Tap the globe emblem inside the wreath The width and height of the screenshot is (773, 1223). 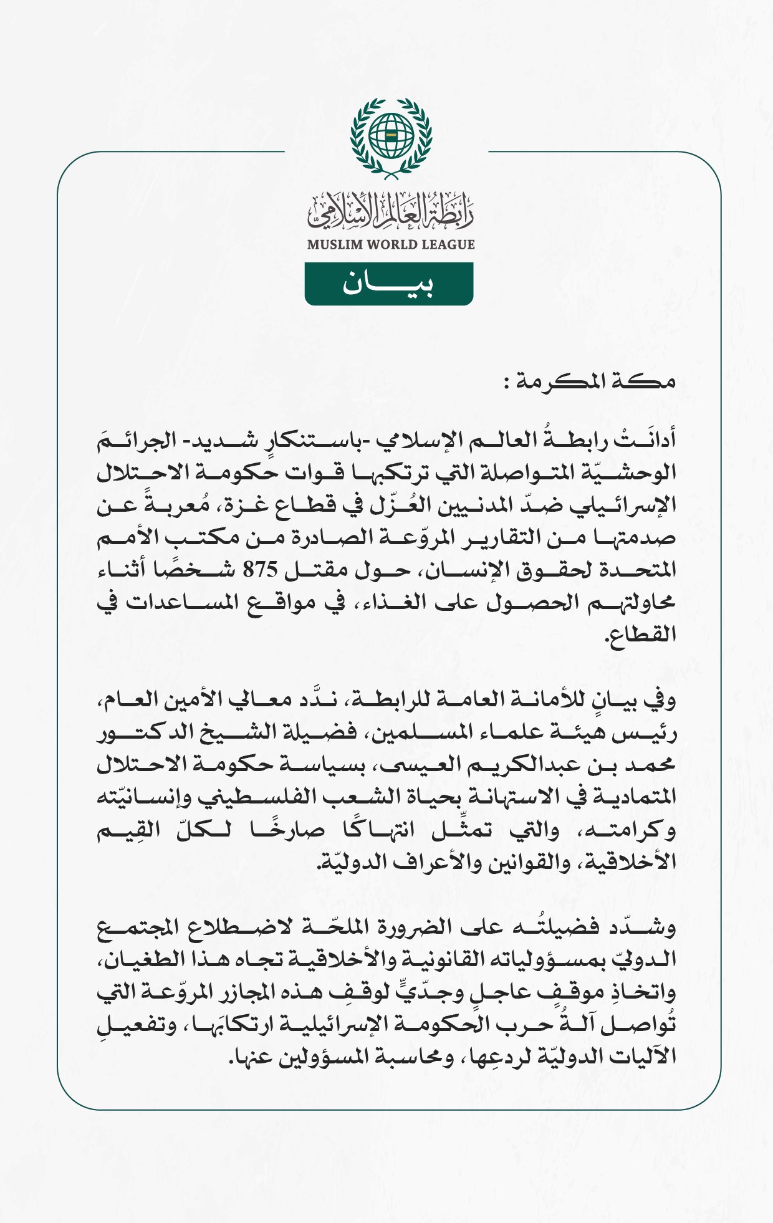(x=391, y=135)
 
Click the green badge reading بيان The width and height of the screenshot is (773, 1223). (x=388, y=284)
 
